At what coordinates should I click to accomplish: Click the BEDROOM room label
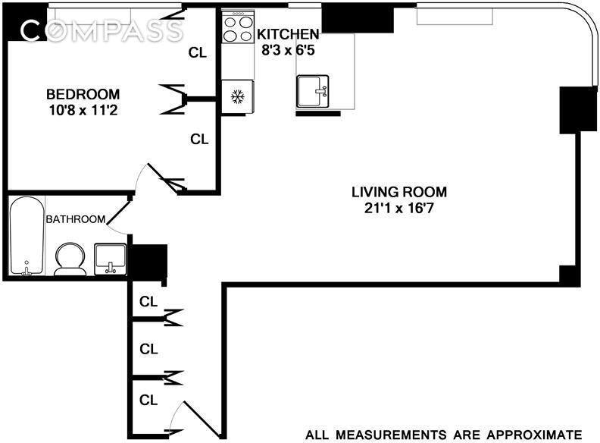[x=83, y=94]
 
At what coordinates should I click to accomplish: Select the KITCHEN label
[x=288, y=34]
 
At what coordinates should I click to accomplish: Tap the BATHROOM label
[x=75, y=219]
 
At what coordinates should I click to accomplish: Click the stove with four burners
[x=237, y=29]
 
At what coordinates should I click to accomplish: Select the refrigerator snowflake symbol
[x=236, y=97]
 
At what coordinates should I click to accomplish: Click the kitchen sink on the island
[x=313, y=91]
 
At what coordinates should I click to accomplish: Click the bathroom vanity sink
[x=110, y=259]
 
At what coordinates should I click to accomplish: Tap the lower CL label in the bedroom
[x=198, y=140]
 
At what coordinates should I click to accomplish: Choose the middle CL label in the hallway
[x=148, y=350]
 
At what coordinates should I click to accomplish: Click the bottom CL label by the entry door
[x=148, y=399]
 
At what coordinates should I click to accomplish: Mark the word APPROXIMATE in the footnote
[x=534, y=435]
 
